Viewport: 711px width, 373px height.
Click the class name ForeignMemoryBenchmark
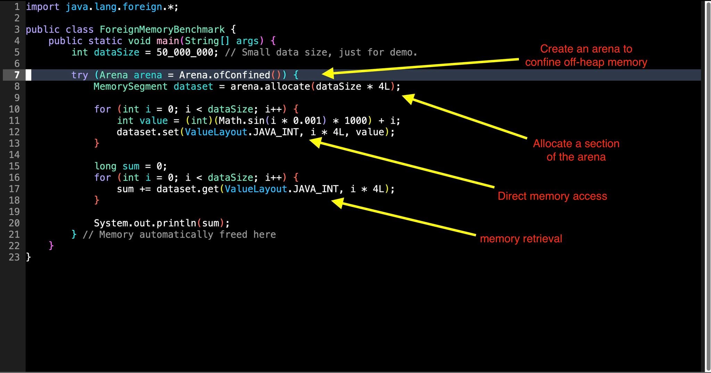click(x=162, y=30)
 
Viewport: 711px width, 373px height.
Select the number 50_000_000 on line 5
click(x=185, y=52)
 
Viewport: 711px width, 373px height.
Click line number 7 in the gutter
click(x=16, y=75)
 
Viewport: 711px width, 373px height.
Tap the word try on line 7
click(x=80, y=75)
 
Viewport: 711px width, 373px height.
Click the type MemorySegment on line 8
click(x=131, y=86)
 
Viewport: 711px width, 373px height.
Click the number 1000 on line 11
click(x=355, y=121)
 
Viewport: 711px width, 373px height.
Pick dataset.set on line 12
click(x=148, y=132)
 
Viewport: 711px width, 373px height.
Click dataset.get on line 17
click(x=187, y=189)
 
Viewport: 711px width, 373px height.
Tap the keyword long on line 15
click(x=105, y=166)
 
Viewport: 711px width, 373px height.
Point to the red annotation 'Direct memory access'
click(x=552, y=196)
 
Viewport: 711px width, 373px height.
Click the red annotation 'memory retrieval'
click(x=521, y=239)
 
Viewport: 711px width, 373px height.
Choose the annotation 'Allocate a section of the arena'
click(x=576, y=150)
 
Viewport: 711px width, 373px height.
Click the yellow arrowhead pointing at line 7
click(x=327, y=73)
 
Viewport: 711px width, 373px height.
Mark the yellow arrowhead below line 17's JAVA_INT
click(x=337, y=203)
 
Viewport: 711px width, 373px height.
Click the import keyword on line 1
click(x=43, y=7)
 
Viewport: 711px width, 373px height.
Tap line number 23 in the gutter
click(x=14, y=257)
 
